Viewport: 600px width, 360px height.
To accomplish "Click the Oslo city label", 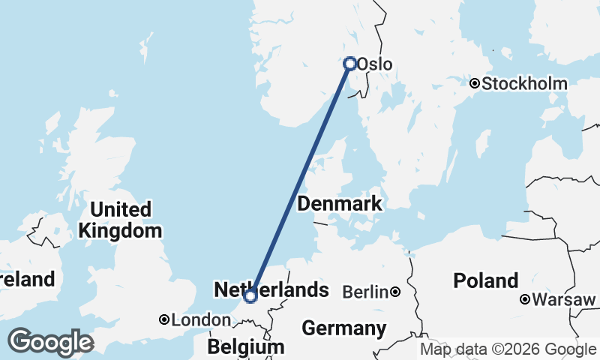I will coord(374,64).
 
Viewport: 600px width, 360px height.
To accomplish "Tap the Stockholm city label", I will coord(524,84).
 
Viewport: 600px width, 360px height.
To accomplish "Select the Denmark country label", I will coord(340,204).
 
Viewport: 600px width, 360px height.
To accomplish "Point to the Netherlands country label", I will coord(271,290).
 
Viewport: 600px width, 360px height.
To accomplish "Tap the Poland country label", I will coord(486,281).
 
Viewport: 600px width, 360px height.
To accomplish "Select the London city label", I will coord(201,320).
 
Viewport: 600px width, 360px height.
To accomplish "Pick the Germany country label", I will coord(343,328).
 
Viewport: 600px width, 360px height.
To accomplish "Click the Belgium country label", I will coord(247,347).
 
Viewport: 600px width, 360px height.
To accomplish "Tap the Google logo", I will coord(50,342).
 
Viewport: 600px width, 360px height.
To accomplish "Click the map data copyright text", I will coord(508,349).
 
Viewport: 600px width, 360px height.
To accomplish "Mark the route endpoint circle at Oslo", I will coord(349,64).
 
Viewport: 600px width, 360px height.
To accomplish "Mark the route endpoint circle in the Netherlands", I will coord(250,296).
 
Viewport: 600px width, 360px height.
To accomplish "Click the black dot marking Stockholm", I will coord(475,83).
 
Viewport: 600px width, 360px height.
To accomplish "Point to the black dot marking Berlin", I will coord(394,292).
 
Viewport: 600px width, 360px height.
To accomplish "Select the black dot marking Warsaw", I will coord(526,300).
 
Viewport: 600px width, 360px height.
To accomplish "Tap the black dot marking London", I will coord(163,319).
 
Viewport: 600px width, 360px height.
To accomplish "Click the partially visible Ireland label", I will coord(28,280).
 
